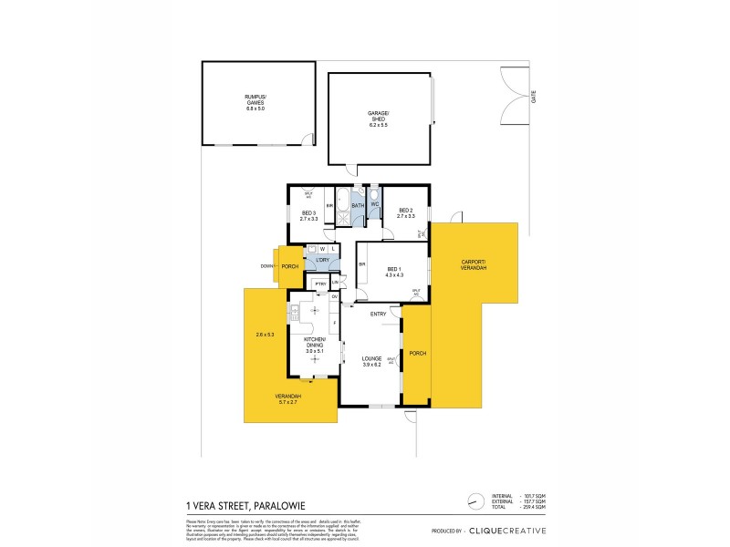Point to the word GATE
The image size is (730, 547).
click(x=533, y=96)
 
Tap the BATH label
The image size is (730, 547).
click(x=358, y=205)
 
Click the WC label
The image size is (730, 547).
click(x=374, y=203)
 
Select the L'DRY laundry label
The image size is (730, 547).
click(x=322, y=261)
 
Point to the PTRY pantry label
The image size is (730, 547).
click(x=320, y=284)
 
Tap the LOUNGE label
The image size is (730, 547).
click(x=371, y=361)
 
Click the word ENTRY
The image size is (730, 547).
click(x=377, y=315)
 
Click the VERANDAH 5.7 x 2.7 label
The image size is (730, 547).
click(x=289, y=398)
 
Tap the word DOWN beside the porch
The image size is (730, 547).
click(x=266, y=266)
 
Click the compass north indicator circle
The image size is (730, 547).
click(x=473, y=500)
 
